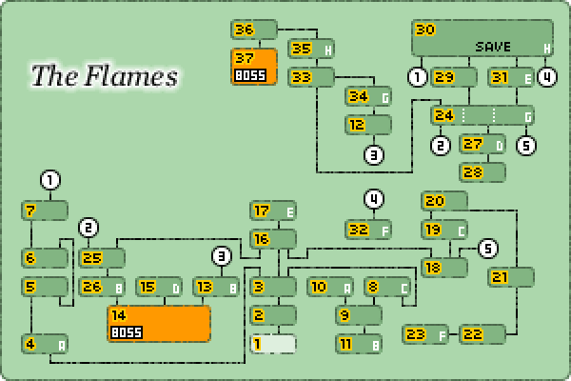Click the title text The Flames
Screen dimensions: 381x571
(x=104, y=76)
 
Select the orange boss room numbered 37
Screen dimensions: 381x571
(x=254, y=67)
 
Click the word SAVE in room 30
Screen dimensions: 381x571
(x=494, y=47)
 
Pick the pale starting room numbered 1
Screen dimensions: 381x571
(x=273, y=344)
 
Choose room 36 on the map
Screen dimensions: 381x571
(x=254, y=30)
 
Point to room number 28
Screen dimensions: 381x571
(x=482, y=172)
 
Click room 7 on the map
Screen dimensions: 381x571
(x=45, y=211)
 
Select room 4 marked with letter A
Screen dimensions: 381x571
(x=45, y=344)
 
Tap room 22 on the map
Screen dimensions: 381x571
(x=482, y=334)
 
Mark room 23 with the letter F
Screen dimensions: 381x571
(x=425, y=334)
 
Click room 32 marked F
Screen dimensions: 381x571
(x=368, y=230)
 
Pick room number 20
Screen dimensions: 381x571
(x=444, y=201)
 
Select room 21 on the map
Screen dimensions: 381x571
(x=511, y=277)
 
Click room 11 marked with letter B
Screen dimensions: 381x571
(x=359, y=344)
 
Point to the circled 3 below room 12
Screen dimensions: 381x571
(x=374, y=153)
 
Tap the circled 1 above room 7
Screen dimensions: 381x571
(x=50, y=179)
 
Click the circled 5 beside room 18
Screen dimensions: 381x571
(x=488, y=249)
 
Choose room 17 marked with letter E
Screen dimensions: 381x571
(x=273, y=211)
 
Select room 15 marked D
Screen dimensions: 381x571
(x=159, y=287)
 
